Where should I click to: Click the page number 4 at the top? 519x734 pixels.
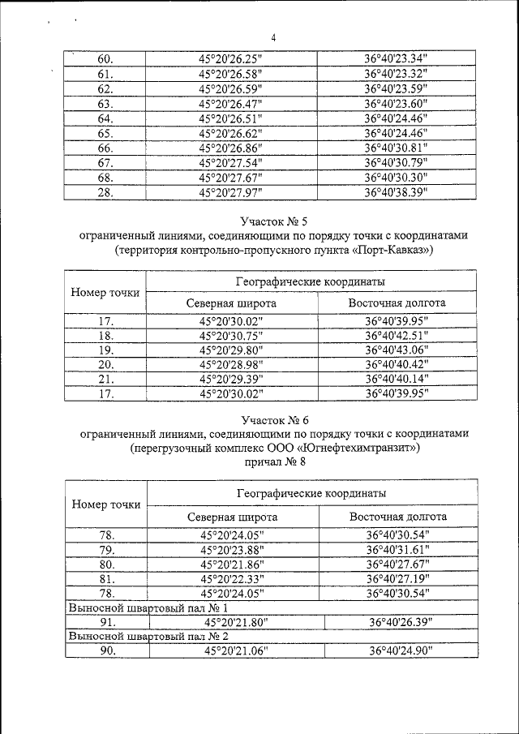point(273,37)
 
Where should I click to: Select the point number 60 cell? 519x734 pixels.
point(105,59)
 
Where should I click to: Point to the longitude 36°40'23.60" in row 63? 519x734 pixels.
point(396,104)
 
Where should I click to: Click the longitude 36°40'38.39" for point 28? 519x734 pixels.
point(396,192)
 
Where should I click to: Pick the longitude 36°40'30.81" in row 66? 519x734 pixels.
point(396,148)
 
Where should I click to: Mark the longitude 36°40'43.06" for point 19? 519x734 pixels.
point(396,350)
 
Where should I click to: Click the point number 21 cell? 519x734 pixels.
point(105,380)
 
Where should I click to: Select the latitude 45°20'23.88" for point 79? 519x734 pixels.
point(232,549)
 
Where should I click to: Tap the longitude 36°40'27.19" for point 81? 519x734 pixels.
point(397,578)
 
